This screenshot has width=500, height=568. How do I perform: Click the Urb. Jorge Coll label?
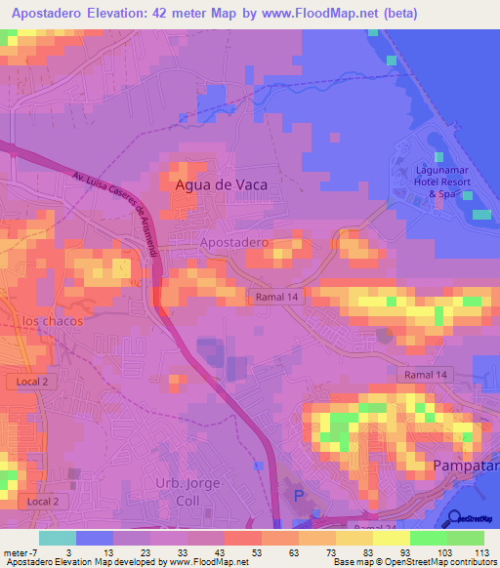[188, 492]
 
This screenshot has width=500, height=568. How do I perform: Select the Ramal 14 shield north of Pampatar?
[426, 375]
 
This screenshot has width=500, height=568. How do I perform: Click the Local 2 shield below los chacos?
[31, 382]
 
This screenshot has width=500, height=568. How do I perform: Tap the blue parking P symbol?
[299, 498]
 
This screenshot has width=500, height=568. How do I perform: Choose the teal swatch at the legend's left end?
[57, 538]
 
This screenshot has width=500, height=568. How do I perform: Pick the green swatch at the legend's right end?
[465, 538]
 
